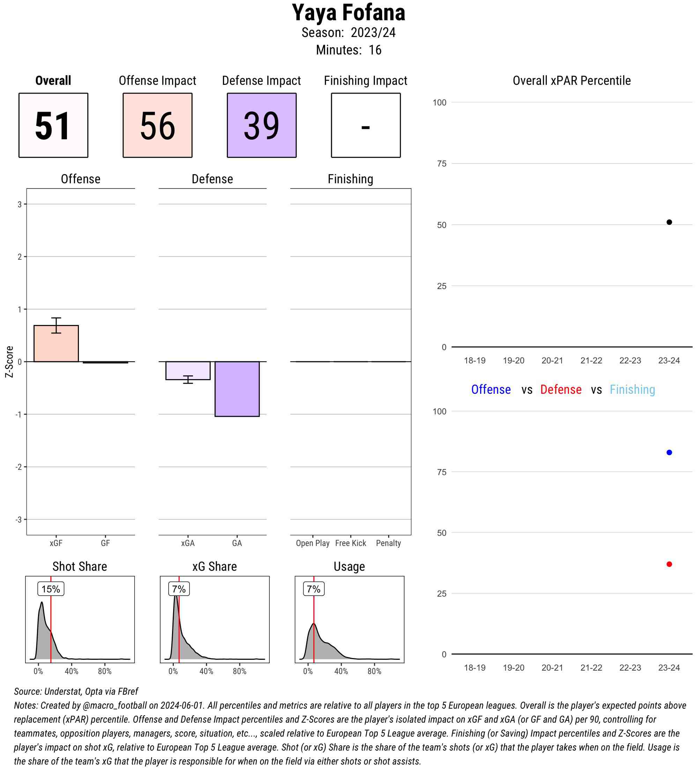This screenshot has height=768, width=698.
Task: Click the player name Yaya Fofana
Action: (348, 13)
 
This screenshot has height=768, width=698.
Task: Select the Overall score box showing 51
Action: (53, 125)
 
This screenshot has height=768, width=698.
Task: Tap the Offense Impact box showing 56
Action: (157, 125)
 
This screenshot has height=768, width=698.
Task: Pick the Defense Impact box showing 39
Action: (262, 125)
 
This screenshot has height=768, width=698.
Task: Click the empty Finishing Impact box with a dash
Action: (365, 125)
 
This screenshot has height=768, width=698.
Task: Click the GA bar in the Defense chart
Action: (237, 389)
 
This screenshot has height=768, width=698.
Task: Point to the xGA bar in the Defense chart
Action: (188, 370)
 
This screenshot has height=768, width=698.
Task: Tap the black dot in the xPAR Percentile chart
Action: (669, 222)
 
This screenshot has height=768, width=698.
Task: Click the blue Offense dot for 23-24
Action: (669, 452)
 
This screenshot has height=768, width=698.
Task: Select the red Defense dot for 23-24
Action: (669, 564)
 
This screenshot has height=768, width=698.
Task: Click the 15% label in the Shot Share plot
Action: (51, 589)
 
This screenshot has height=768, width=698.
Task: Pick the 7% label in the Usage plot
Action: (313, 589)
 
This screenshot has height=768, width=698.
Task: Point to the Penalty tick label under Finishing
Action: (388, 543)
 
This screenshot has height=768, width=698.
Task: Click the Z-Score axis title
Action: (9, 362)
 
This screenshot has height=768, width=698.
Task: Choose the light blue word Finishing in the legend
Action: (632, 389)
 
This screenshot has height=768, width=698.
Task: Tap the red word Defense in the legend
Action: (561, 389)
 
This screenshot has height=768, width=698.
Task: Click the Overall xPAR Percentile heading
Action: (572, 81)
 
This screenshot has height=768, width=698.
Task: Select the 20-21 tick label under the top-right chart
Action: (552, 360)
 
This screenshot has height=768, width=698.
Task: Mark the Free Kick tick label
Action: (350, 543)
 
